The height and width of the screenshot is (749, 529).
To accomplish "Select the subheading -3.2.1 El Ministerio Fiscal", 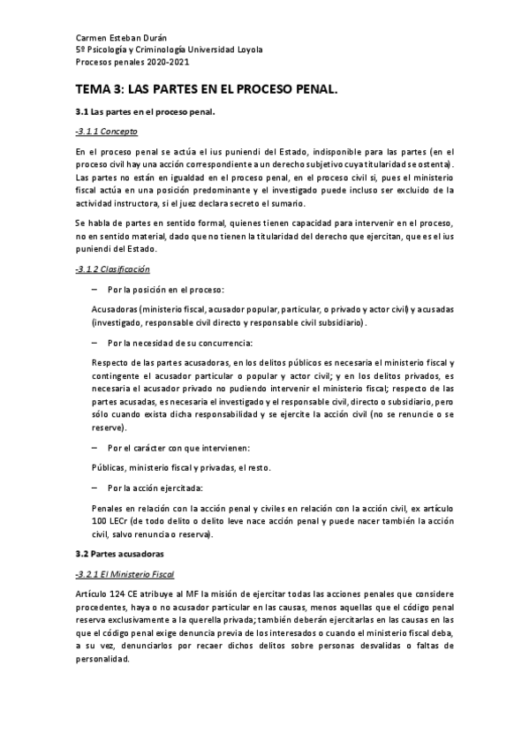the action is (126, 573).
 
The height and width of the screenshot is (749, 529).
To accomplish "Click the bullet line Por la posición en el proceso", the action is (165, 290).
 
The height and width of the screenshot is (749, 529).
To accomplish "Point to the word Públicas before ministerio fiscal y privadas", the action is (110, 468).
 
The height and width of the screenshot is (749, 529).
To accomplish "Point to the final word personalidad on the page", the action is (105, 659).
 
